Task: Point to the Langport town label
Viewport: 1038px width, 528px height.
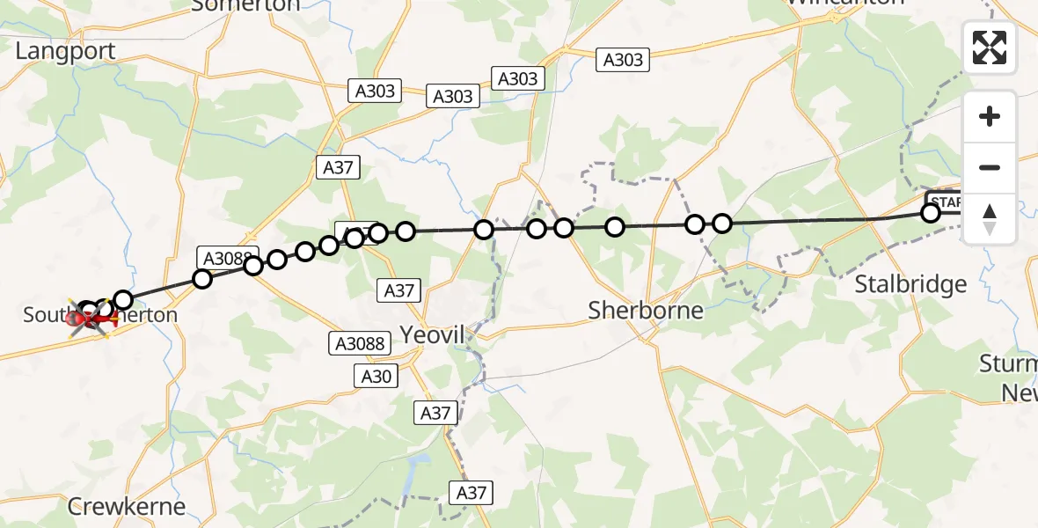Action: [65, 51]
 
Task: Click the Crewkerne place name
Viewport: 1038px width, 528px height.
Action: [127, 507]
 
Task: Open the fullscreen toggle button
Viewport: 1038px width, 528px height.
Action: [990, 48]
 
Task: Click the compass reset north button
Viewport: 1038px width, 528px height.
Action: [990, 218]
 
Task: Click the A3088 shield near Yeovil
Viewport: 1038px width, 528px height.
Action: [361, 343]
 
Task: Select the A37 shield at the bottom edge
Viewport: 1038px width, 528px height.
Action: [471, 493]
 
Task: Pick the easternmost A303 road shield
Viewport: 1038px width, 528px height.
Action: [623, 60]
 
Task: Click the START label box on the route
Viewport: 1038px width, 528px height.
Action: [946, 202]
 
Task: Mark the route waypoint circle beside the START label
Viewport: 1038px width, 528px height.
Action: [930, 212]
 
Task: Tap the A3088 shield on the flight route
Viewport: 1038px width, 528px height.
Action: [228, 258]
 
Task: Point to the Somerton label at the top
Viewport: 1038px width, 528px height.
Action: [245, 5]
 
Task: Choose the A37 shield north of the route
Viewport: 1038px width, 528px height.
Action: [339, 167]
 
